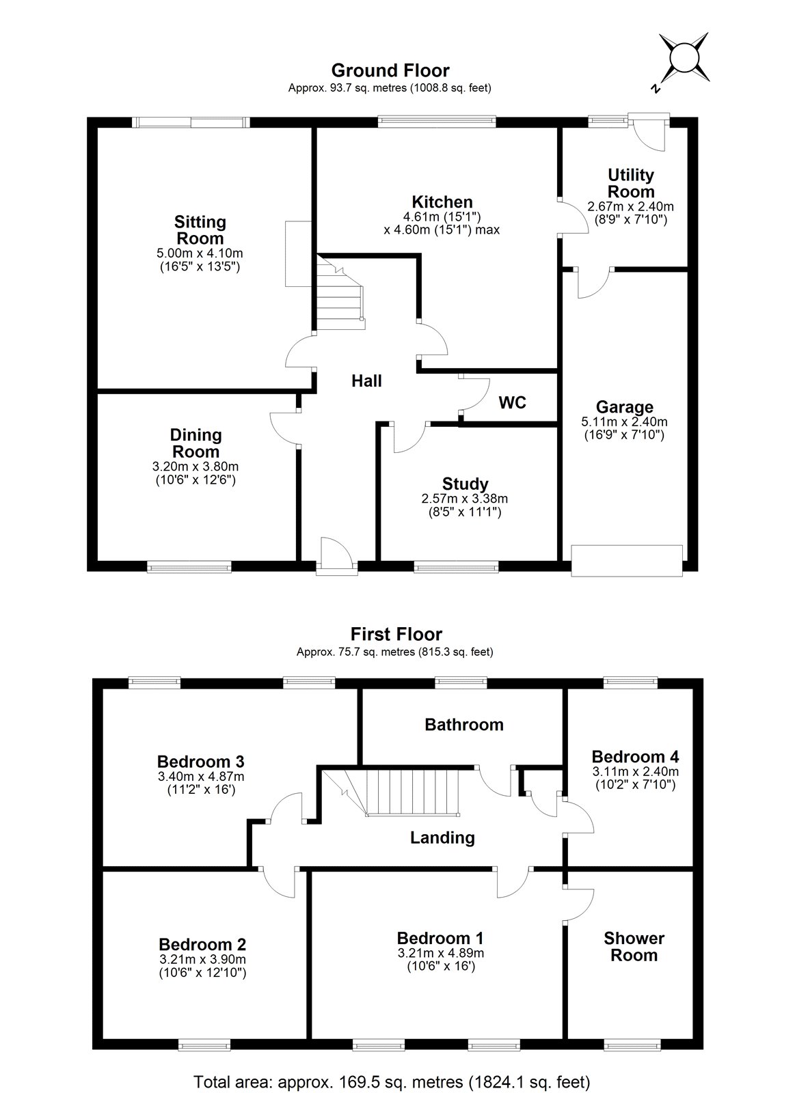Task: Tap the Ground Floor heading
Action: click(x=390, y=70)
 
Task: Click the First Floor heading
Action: click(x=396, y=634)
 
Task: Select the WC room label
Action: click(x=512, y=402)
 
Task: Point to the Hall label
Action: click(x=366, y=381)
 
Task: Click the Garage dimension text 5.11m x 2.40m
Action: click(x=624, y=421)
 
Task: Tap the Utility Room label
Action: click(x=630, y=183)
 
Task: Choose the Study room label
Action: click(x=465, y=484)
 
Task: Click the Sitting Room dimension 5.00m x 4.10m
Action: click(x=200, y=253)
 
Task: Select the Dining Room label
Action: click(x=196, y=443)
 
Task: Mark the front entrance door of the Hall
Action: click(x=336, y=555)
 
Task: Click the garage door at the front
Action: click(x=627, y=560)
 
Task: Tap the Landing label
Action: click(x=442, y=838)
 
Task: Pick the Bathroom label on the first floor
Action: click(x=464, y=724)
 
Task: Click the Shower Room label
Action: click(x=634, y=947)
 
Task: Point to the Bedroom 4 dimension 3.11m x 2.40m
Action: click(x=635, y=771)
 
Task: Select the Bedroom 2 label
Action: click(x=202, y=945)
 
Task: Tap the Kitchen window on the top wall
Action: click(x=435, y=122)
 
